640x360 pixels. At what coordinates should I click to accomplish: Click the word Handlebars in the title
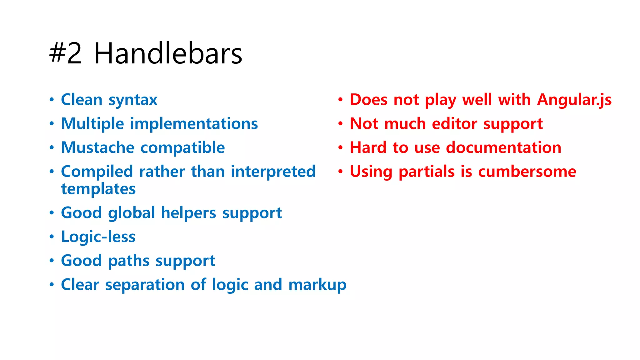pos(168,54)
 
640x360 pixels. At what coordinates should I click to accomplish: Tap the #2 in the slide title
pos(66,54)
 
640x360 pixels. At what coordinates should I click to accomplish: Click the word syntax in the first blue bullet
pos(133,100)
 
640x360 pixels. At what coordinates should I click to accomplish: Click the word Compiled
pos(97,172)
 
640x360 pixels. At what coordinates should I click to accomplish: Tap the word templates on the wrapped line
pos(98,189)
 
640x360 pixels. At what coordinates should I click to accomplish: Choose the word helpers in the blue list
pos(188,213)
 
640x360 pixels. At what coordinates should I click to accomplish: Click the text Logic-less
pos(98,237)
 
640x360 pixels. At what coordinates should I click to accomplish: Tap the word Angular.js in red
pos(574,100)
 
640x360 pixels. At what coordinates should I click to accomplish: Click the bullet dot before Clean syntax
pos(52,100)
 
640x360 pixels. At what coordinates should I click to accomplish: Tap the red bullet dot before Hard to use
pos(340,147)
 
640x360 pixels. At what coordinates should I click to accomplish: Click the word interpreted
pos(273,172)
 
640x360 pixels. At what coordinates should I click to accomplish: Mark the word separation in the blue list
pos(145,285)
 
